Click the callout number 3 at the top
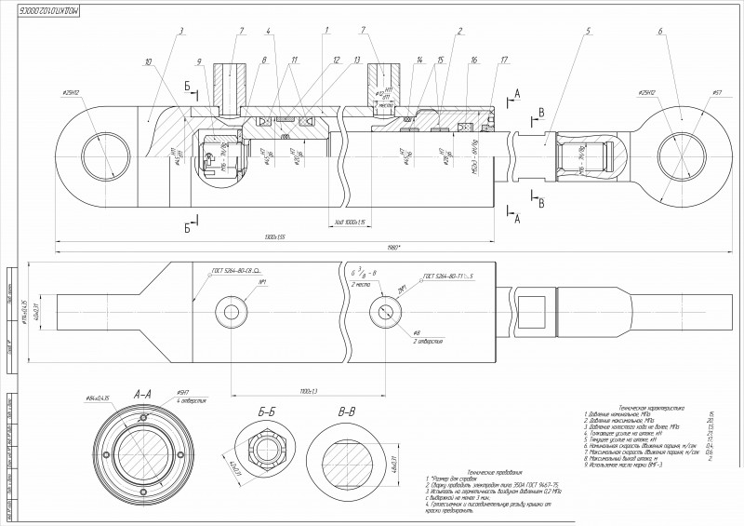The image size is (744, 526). point(181,31)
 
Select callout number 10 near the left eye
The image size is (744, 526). point(148,62)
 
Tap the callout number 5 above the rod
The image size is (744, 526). point(589,32)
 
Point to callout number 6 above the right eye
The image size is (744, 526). point(659,32)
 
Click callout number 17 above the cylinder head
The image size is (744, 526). point(503,61)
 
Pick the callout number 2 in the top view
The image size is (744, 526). point(459,32)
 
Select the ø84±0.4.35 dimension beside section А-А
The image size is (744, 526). point(98,398)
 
